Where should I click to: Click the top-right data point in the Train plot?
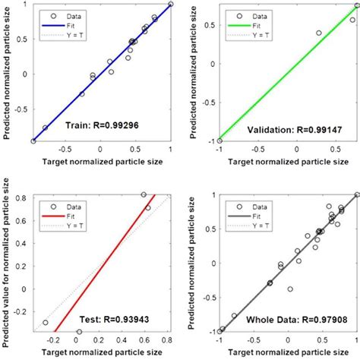[171, 4]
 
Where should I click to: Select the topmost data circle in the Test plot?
[144, 195]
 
